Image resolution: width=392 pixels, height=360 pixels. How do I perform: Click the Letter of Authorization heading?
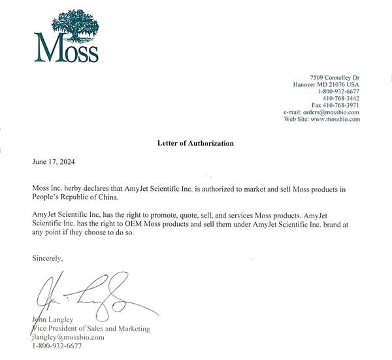point(195,143)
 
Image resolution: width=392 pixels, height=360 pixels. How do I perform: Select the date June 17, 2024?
point(58,161)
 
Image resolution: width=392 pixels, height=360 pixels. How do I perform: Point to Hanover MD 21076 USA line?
point(325,85)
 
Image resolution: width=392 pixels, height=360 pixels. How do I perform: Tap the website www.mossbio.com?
point(336,120)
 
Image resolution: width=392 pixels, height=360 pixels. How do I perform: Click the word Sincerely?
point(48,259)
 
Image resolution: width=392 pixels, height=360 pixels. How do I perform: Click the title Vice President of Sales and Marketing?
point(91,329)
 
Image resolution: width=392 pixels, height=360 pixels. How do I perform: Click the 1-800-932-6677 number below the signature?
point(57,346)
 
